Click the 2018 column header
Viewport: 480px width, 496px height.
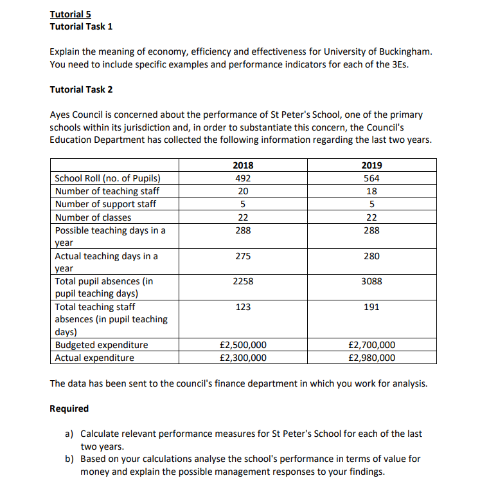pos(243,165)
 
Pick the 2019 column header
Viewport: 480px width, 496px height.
pos(371,165)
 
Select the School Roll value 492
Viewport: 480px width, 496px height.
pos(243,178)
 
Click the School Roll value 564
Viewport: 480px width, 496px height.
pos(371,178)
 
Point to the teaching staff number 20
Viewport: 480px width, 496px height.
pos(243,191)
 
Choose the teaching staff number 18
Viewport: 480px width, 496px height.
pos(371,191)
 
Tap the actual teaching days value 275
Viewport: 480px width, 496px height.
pos(243,256)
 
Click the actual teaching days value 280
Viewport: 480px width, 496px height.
pos(371,256)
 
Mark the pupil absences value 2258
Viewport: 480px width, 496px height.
pos(243,281)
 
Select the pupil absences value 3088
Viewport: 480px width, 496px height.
pos(371,281)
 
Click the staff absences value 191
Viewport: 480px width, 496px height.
pos(371,308)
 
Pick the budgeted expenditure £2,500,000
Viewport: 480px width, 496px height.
pos(243,345)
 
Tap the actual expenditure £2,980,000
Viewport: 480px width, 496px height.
pos(371,358)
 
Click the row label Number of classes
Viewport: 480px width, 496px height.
pos(93,217)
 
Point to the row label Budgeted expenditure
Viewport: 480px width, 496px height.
pos(102,345)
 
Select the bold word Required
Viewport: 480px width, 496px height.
pos(69,409)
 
